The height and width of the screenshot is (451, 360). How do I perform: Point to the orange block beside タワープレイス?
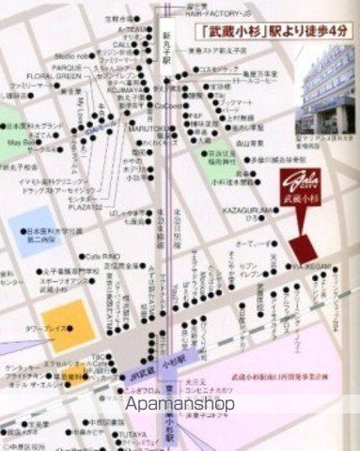tap(69, 322)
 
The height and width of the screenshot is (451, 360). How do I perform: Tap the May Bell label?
tap(18, 144)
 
